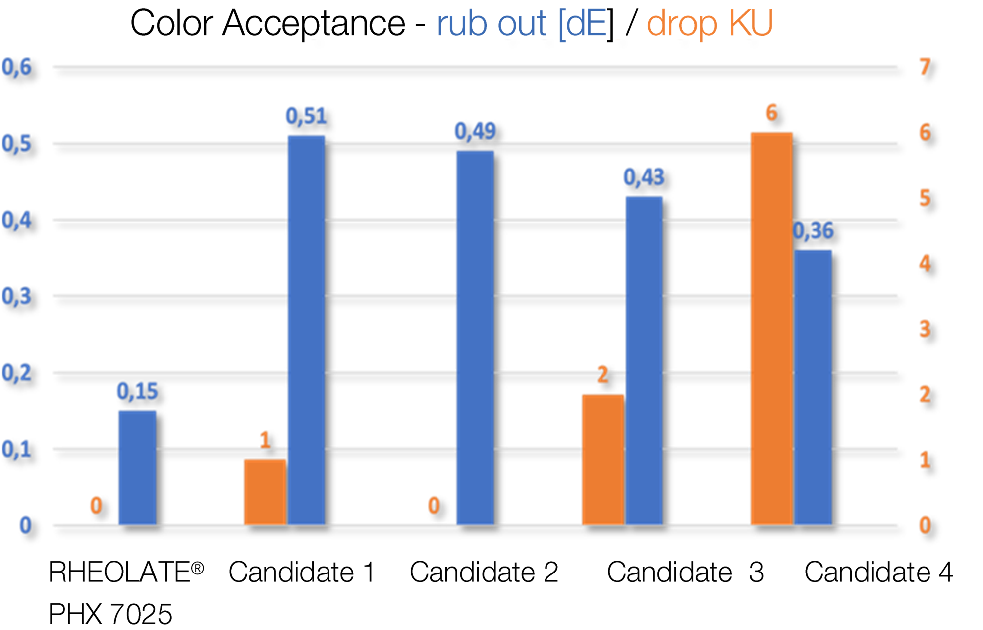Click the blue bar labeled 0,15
point(137,467)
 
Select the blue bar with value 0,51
point(306,330)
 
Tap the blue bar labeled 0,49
point(475,337)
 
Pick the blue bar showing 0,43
point(644,360)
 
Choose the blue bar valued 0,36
point(813,387)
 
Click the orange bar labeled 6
point(771,328)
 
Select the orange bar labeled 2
point(602,458)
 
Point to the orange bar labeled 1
point(265,491)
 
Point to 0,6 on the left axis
point(16,67)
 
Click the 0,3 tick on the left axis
point(16,296)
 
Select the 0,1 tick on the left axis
point(16,449)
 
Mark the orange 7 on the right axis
point(925,67)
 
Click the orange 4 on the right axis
point(925,263)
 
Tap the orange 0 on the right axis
point(925,525)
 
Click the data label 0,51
point(306,116)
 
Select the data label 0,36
point(814,231)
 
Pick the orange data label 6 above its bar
point(771,113)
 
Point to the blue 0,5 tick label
point(16,144)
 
